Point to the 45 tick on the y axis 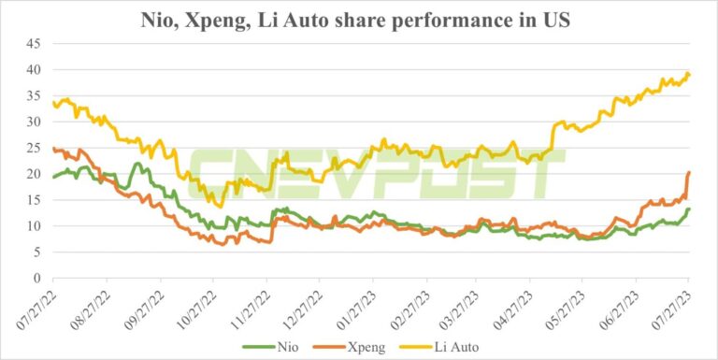(34, 44)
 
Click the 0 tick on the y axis (37, 279)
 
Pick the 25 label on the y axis (34, 148)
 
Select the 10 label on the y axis (34, 226)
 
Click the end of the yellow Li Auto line (689, 74)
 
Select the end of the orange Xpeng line (689, 172)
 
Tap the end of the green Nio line (689, 209)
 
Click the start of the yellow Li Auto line (53, 103)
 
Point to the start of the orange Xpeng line (53, 149)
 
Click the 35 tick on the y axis (34, 95)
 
